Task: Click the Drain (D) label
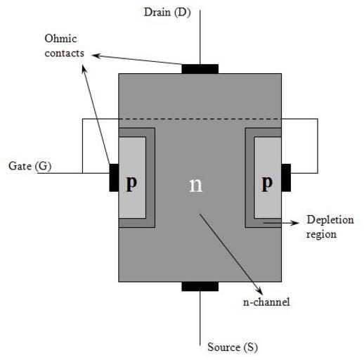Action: [x=167, y=13]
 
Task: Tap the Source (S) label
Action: [x=233, y=347]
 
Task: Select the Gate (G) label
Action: [x=30, y=166]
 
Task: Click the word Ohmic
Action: [x=60, y=39]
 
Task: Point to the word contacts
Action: [x=65, y=53]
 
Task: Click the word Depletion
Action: [x=330, y=220]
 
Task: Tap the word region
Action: [x=321, y=235]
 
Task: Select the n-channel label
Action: [x=266, y=302]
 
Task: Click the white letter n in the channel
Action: [x=195, y=185]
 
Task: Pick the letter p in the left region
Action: [x=131, y=183]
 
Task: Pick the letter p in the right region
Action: [x=267, y=183]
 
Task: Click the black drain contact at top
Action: [x=200, y=69]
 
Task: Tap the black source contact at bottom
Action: [x=200, y=286]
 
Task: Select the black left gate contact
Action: [x=114, y=178]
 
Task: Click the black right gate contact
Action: [x=286, y=178]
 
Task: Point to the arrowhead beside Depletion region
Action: [x=296, y=223]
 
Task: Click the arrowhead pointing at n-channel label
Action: [x=259, y=290]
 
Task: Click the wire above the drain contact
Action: [x=200, y=37]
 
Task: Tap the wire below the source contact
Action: [x=200, y=318]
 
